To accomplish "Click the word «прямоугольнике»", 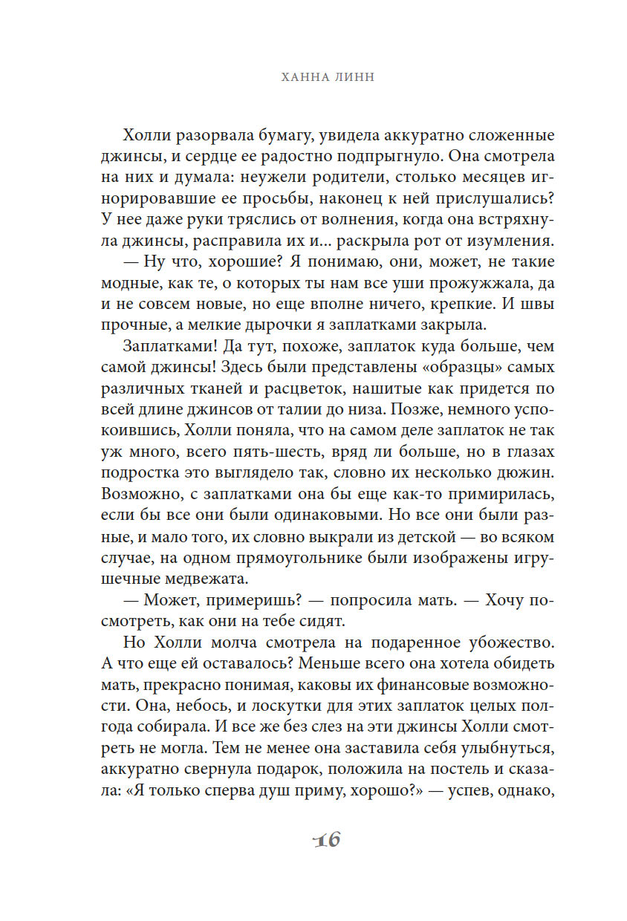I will (x=283, y=555).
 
